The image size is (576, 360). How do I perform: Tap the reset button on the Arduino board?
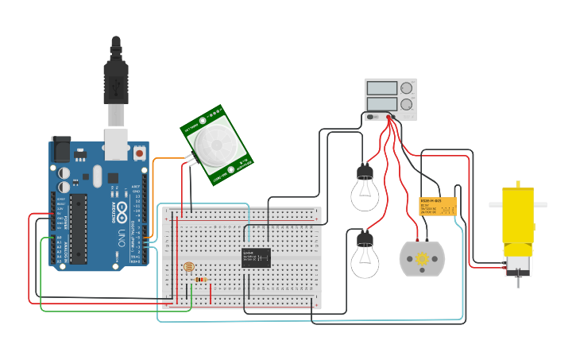139,152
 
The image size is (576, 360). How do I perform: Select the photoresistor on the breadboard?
188,268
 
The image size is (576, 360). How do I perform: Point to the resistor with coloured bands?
202,280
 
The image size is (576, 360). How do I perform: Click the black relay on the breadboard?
256,257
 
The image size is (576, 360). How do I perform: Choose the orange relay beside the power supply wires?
437,207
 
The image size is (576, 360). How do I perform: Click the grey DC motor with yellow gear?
422,259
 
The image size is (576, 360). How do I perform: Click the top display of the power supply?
381,87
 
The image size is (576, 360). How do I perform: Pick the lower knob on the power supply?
407,103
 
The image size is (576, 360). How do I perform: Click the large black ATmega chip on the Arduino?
78,227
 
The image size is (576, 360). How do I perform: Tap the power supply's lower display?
381,103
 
